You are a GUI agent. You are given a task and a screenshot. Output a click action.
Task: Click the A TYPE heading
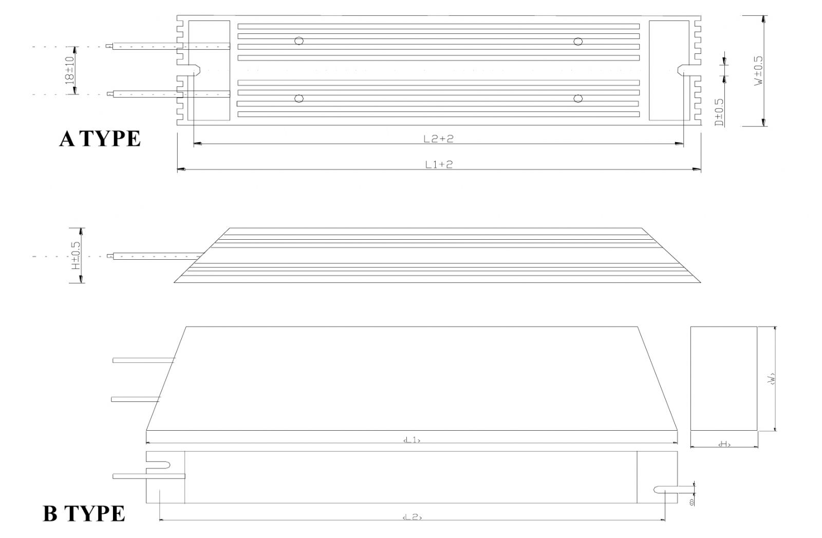[100, 139]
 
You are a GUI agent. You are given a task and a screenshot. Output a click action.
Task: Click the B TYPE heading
[84, 513]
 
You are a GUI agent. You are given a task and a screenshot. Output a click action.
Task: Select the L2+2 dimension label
[438, 139]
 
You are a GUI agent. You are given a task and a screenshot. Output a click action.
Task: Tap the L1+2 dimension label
[438, 164]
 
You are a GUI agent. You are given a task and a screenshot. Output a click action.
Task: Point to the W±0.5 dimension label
[759, 70]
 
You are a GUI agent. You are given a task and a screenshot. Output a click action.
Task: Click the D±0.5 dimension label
[719, 112]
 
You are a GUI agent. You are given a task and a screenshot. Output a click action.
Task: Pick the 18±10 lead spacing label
[70, 70]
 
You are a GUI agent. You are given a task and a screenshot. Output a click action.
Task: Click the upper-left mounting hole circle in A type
[298, 41]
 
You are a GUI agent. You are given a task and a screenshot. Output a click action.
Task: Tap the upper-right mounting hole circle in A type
[578, 41]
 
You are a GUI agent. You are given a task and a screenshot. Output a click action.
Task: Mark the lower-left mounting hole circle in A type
[298, 98]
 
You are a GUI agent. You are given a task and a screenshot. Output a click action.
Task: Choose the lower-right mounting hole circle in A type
[578, 98]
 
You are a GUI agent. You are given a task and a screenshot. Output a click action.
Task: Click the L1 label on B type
[412, 440]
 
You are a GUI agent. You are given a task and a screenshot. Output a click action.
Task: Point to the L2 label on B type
[412, 517]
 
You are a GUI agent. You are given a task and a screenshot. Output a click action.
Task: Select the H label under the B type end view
[724, 444]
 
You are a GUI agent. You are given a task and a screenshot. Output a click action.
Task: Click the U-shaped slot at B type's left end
[159, 465]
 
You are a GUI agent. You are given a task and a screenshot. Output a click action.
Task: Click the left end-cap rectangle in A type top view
[209, 70]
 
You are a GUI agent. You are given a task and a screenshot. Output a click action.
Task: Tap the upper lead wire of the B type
[143, 360]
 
